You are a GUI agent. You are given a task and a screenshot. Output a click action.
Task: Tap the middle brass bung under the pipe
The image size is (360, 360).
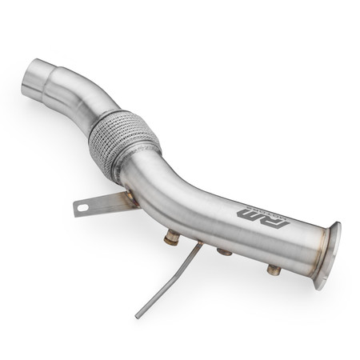[x=225, y=253]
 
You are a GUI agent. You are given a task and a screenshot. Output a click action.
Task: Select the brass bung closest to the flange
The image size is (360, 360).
[x=274, y=270]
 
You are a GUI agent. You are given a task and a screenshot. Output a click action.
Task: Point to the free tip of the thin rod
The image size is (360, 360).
[x=138, y=317]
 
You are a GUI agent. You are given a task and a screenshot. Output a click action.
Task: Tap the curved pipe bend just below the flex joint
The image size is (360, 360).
[x=160, y=180]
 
